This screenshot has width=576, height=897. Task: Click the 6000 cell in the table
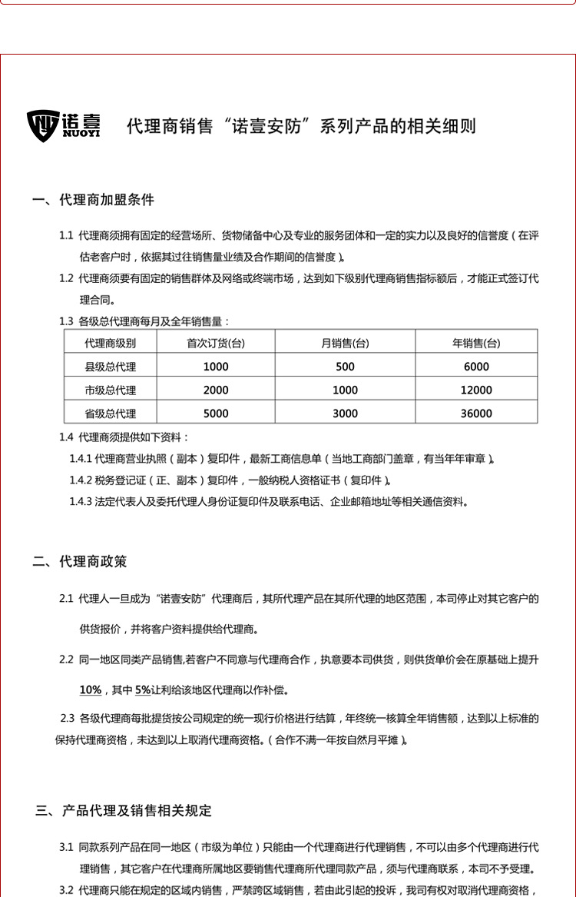(476, 367)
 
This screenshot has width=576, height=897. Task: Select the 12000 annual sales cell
(476, 390)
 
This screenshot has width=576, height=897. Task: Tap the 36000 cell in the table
(476, 414)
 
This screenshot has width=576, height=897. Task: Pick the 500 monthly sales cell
(345, 367)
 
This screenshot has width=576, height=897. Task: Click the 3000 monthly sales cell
(345, 414)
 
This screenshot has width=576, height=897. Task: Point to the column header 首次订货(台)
(216, 343)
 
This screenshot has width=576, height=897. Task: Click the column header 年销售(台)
(476, 343)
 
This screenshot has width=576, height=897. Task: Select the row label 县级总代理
(111, 367)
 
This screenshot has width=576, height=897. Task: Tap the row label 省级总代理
(111, 414)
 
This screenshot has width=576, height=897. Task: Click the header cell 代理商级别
(111, 343)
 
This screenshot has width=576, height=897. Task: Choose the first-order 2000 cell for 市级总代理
(216, 390)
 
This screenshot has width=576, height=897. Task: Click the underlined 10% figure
(90, 689)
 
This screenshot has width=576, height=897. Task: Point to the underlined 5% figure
(143, 689)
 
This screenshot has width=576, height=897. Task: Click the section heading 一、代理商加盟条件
(93, 200)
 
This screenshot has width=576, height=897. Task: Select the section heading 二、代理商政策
(80, 562)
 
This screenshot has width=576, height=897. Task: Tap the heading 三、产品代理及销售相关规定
(124, 810)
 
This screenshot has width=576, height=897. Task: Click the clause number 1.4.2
(81, 480)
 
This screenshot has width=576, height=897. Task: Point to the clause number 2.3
(67, 719)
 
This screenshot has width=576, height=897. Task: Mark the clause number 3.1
(66, 847)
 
